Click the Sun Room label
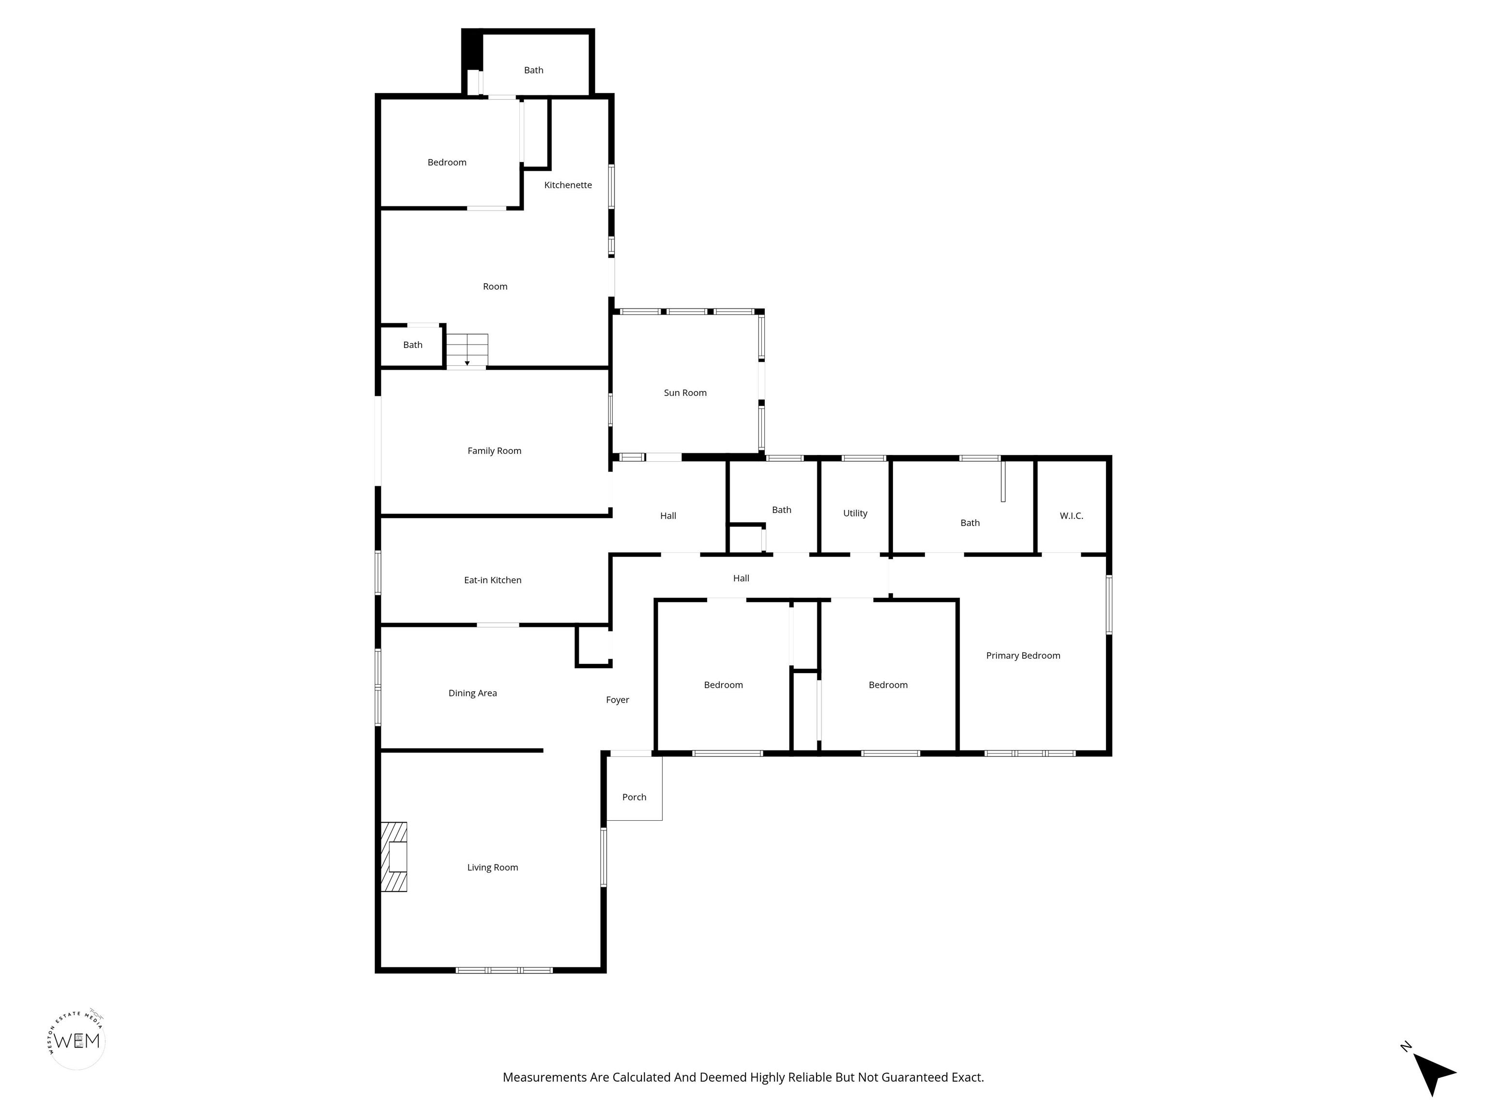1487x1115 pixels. [x=685, y=392]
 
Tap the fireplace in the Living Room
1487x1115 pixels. [x=394, y=857]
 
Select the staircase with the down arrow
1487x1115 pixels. [x=467, y=350]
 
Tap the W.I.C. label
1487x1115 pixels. [x=1072, y=515]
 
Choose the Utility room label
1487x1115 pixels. [x=855, y=513]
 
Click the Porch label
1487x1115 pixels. [x=634, y=797]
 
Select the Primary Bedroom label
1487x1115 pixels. [x=1023, y=655]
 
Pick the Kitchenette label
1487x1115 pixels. [x=568, y=185]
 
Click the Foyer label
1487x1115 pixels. [x=617, y=700]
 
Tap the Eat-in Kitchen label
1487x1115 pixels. [x=493, y=580]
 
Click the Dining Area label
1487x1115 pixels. [x=472, y=693]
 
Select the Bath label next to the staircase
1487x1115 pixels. [x=413, y=345]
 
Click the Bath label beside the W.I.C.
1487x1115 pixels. [x=970, y=523]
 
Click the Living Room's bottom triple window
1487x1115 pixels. [x=504, y=970]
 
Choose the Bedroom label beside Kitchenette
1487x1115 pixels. [x=447, y=163]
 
